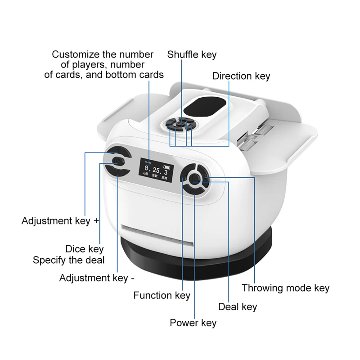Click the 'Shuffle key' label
[x=192, y=55]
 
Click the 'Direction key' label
[x=241, y=76]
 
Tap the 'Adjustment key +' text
[x=60, y=221]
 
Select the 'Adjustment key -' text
[x=97, y=278]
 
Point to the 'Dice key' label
[x=84, y=249]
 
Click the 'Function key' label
[x=162, y=296]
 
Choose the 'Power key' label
[x=193, y=323]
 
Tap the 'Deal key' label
[x=238, y=307]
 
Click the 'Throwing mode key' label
[x=285, y=288]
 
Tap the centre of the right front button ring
[x=195, y=179]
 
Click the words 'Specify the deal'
[x=68, y=260]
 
